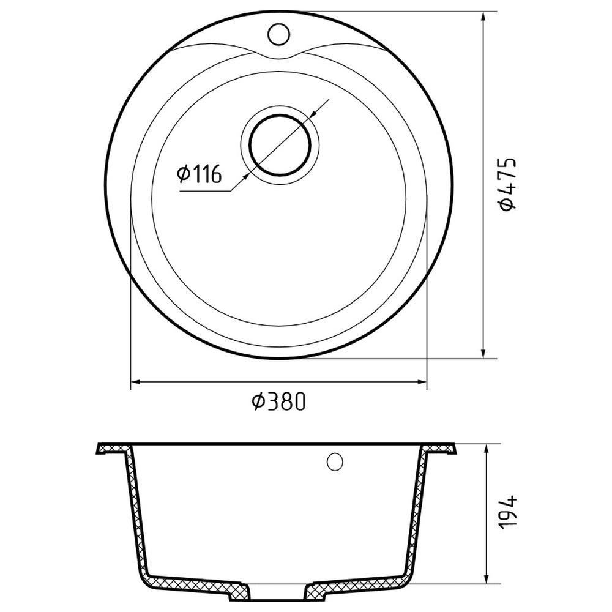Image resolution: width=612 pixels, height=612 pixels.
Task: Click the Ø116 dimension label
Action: click(x=199, y=174)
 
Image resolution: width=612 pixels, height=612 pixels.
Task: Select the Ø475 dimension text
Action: click(x=508, y=184)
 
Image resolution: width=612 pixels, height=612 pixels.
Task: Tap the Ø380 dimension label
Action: click(x=278, y=401)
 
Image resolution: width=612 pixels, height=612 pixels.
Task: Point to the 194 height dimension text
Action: click(x=508, y=512)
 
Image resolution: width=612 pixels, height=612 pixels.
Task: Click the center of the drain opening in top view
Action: click(x=280, y=144)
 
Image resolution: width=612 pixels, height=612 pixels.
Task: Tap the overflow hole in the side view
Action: click(x=335, y=462)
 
